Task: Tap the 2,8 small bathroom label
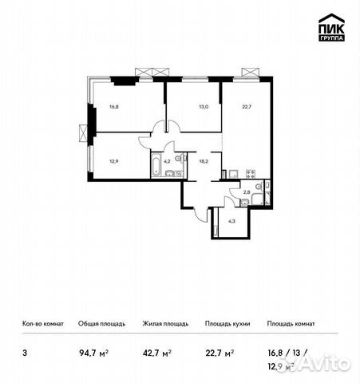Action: pos(247,192)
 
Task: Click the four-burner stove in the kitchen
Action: pos(250,174)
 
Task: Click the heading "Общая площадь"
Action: pos(101,324)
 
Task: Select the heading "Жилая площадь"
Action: pos(165,324)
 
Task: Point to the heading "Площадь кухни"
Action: pos(227,324)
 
